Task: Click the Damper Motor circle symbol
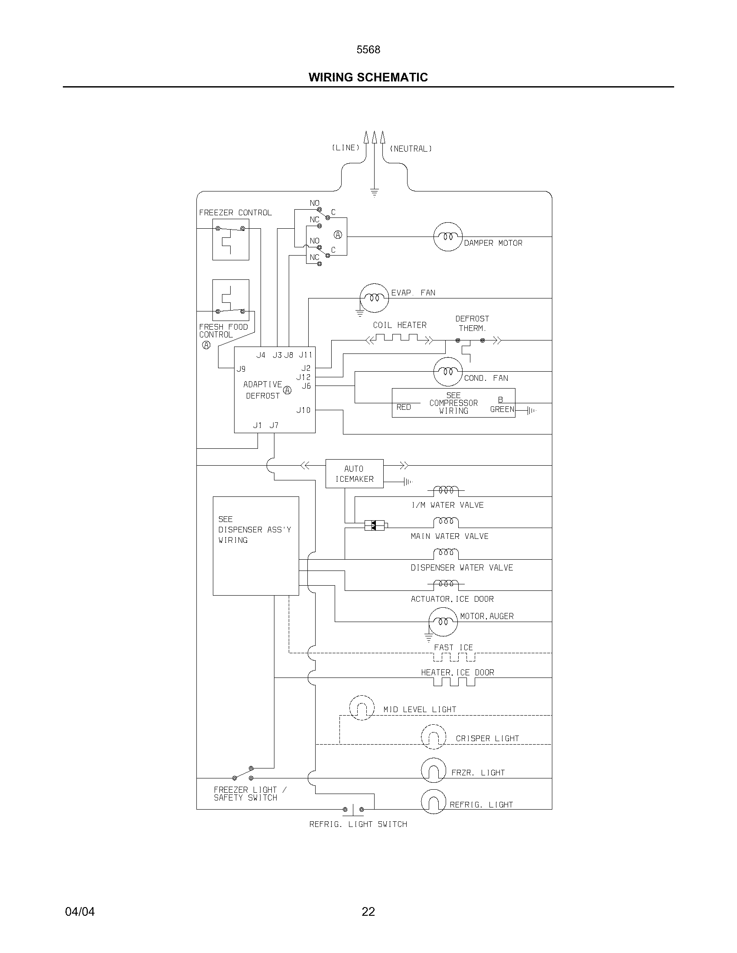[x=447, y=237]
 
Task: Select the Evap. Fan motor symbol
[x=374, y=298]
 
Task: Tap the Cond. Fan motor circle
[x=447, y=372]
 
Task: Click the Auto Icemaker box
[x=355, y=473]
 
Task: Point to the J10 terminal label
[x=303, y=410]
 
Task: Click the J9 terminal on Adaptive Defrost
[x=241, y=369]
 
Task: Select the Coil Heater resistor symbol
[x=400, y=339]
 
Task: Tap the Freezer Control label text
[x=235, y=213]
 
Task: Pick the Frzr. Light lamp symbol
[x=434, y=770]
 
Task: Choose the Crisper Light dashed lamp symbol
[x=434, y=737]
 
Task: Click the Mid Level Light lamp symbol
[x=362, y=708]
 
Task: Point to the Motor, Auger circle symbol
[x=443, y=621]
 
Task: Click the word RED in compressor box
[x=404, y=407]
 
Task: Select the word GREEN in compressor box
[x=502, y=409]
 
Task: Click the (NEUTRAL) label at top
[x=411, y=149]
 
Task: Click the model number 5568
[x=368, y=50]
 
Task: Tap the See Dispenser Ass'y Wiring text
[x=254, y=529]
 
